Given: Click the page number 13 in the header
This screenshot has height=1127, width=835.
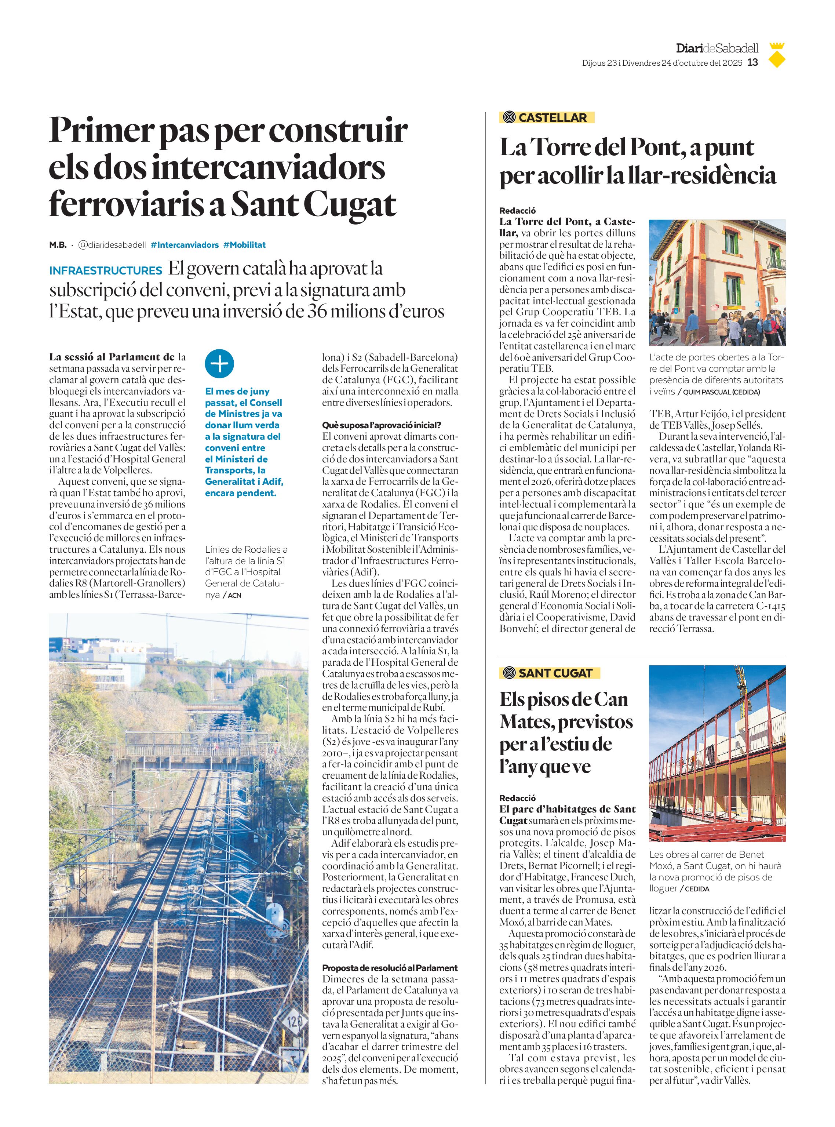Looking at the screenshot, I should [752, 63].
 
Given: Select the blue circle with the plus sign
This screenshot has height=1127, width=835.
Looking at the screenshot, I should [219, 363].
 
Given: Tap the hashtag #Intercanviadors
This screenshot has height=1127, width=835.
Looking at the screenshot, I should [185, 245].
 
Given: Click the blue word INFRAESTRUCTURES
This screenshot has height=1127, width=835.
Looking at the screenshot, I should [106, 270].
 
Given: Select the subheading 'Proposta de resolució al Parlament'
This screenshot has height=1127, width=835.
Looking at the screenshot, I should [390, 968].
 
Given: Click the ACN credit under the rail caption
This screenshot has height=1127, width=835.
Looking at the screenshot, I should [234, 596].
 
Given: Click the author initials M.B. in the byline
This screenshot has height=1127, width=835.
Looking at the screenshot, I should [58, 245].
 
